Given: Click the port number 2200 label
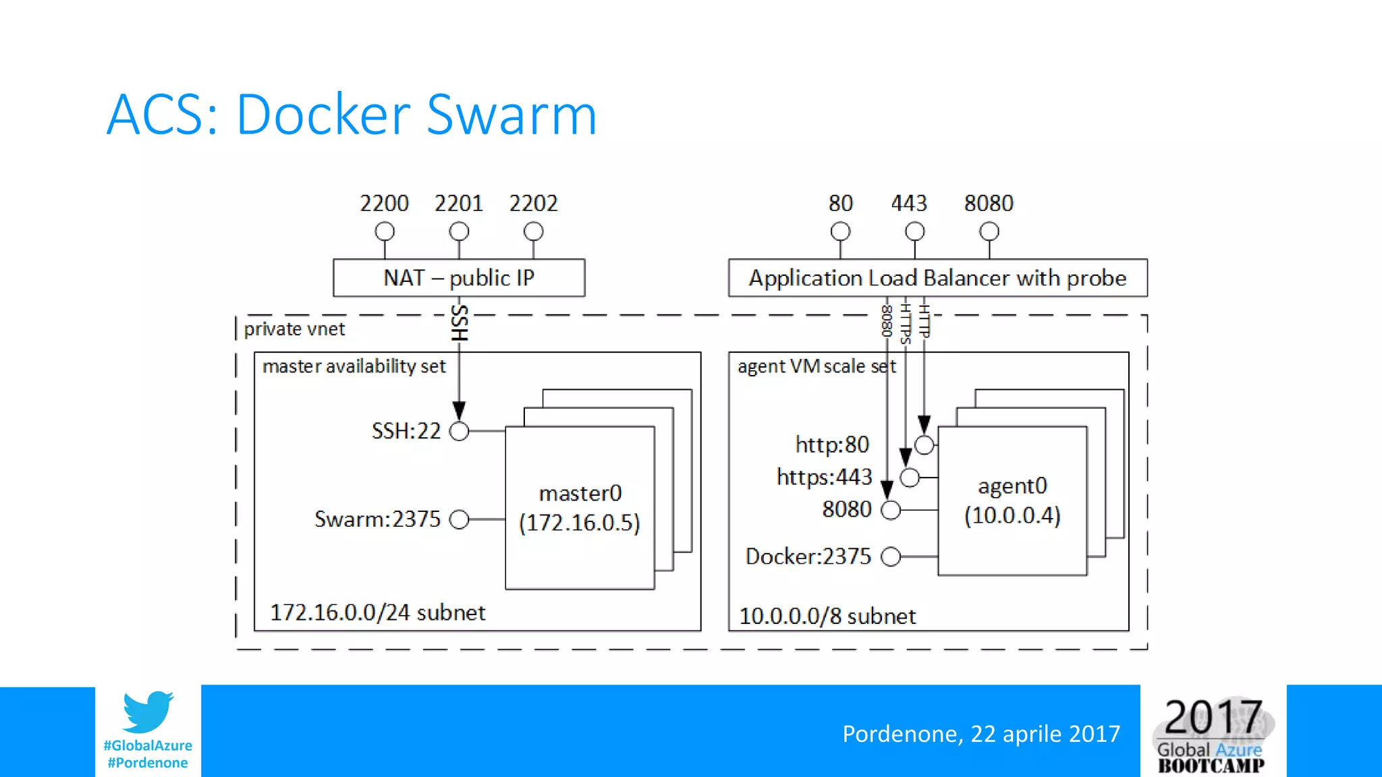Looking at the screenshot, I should pyautogui.click(x=384, y=203).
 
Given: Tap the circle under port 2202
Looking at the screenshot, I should pyautogui.click(x=533, y=231).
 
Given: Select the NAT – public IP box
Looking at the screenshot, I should pyautogui.click(x=459, y=278).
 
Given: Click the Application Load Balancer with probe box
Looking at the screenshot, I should pyautogui.click(x=937, y=278).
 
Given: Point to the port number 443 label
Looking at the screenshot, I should pyautogui.click(x=909, y=203).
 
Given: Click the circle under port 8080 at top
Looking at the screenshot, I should pyautogui.click(x=989, y=231).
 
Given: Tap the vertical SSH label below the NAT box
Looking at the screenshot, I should pyautogui.click(x=459, y=322).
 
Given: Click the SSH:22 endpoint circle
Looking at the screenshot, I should pyautogui.click(x=459, y=431).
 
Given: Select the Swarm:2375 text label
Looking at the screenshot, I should pyautogui.click(x=377, y=519).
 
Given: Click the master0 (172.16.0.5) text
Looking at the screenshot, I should pyautogui.click(x=580, y=508).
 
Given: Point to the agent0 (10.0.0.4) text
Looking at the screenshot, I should pyautogui.click(x=1012, y=500).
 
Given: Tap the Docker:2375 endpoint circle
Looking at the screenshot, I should pyautogui.click(x=891, y=556).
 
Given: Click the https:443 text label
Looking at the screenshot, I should pyautogui.click(x=824, y=477).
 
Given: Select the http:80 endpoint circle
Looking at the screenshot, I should pyautogui.click(x=924, y=444).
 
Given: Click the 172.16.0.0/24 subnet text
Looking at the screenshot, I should pyautogui.click(x=377, y=612).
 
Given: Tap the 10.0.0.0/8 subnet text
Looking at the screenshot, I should pyautogui.click(x=827, y=616).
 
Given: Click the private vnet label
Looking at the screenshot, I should pyautogui.click(x=294, y=329).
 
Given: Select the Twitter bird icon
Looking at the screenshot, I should pyautogui.click(x=148, y=712).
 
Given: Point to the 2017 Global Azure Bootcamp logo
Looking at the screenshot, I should pyautogui.click(x=1212, y=734).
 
